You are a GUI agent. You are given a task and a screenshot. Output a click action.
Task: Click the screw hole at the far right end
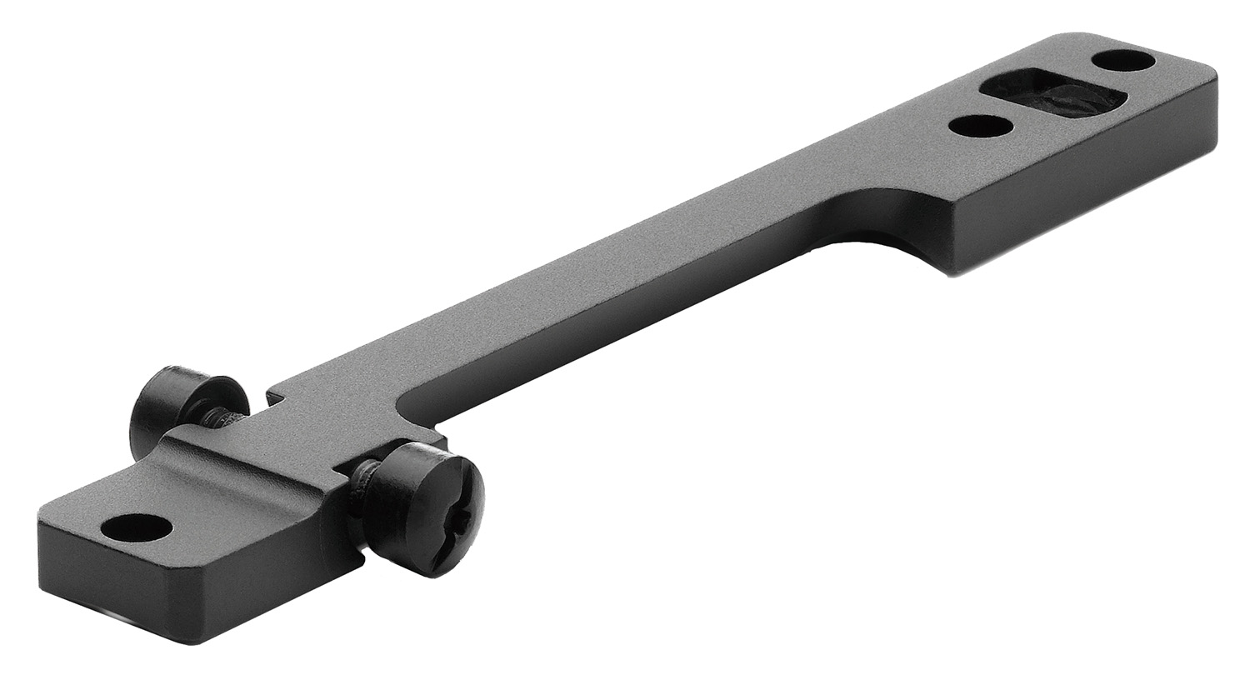1123,61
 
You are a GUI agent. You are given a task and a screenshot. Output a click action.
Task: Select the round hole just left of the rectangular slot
981,126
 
